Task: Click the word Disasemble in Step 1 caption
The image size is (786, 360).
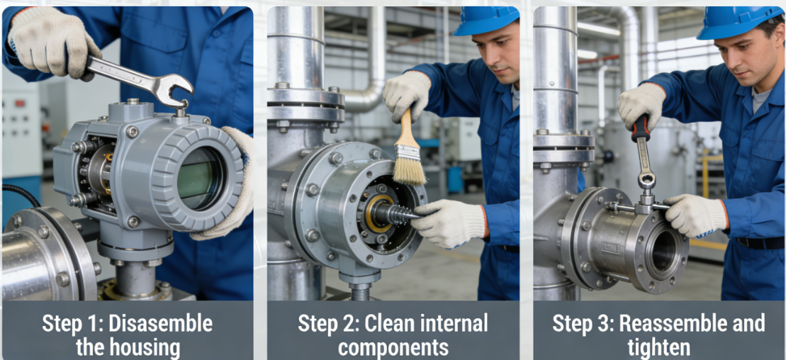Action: [160, 324]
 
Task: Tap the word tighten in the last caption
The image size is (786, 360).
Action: [658, 347]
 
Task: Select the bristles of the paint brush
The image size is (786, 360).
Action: [410, 166]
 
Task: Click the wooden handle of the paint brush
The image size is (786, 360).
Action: [405, 126]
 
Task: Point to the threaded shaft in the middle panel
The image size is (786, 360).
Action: [396, 214]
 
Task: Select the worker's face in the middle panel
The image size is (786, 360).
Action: [495, 55]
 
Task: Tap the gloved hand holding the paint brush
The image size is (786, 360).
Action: [406, 94]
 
